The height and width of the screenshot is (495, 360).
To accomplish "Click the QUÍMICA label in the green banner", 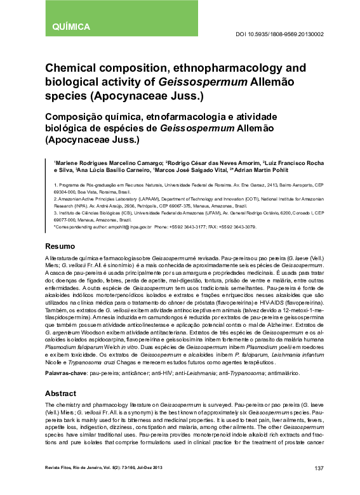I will pyautogui.click(x=70, y=27).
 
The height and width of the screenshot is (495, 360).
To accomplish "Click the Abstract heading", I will pyautogui.click(x=61, y=393).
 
